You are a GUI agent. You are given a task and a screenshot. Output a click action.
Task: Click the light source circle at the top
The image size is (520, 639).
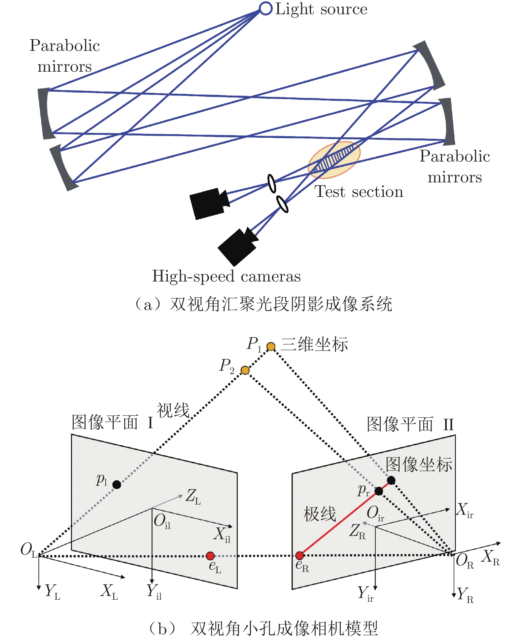pos(265,8)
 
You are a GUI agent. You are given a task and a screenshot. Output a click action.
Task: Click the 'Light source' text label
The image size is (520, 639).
pos(321,9)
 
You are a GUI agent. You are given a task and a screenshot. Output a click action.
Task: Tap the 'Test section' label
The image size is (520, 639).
pos(359,192)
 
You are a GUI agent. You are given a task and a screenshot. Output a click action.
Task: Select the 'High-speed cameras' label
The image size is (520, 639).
pos(226,276)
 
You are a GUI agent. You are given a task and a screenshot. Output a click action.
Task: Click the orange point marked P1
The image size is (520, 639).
pos(271,347)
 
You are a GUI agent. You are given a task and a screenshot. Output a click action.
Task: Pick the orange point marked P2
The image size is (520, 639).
pos(245,370)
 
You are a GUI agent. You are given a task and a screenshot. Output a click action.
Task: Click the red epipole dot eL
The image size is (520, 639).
pos(210,556)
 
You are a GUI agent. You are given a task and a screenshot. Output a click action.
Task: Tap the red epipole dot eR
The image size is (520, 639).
pos(299,555)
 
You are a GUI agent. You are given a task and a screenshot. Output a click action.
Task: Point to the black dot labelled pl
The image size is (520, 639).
pos(117,484)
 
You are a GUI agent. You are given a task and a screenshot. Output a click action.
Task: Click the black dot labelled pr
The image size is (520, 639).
pos(379,491)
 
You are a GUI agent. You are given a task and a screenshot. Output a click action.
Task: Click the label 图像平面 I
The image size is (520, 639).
pos(113,423)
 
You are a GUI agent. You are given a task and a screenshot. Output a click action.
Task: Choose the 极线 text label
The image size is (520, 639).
pos(320,514)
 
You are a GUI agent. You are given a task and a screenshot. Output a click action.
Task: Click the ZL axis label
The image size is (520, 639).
pos(193,497)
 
